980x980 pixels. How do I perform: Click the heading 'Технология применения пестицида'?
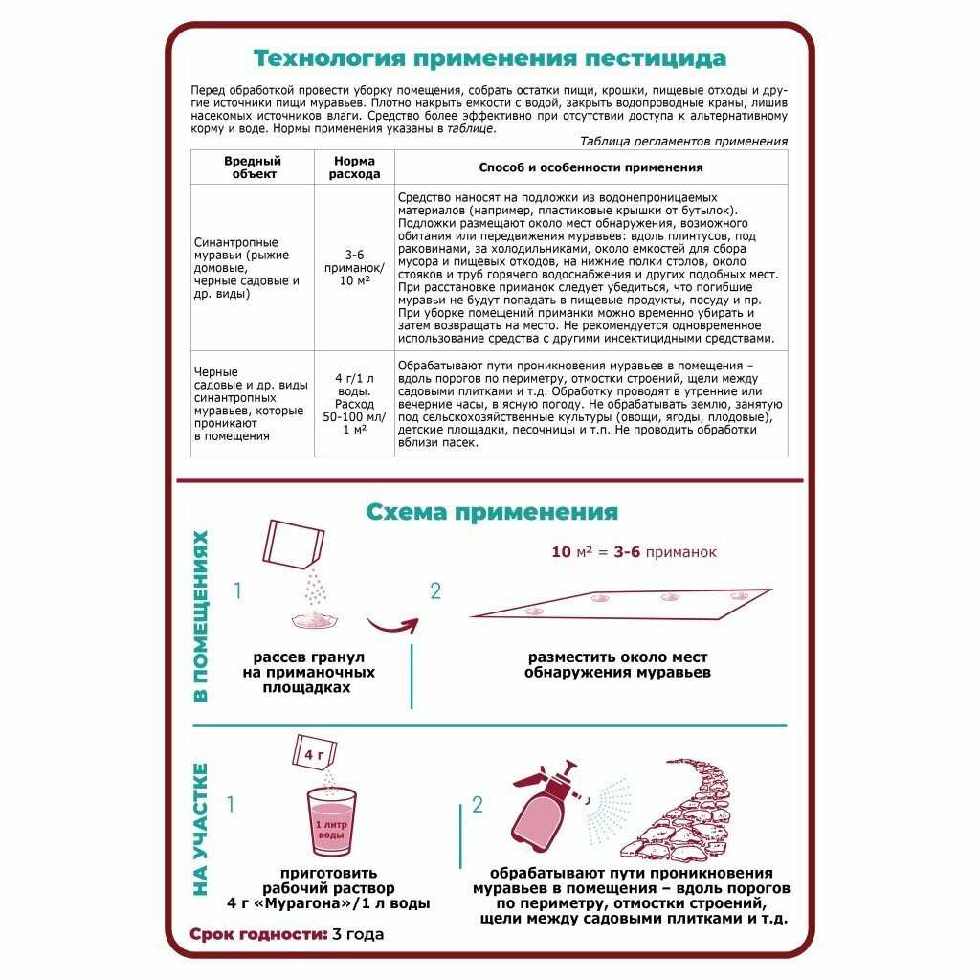click(x=489, y=58)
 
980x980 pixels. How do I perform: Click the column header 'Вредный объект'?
click(x=253, y=167)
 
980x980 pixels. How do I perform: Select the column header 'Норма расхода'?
click(x=354, y=167)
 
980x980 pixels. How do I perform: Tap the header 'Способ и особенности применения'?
click(x=590, y=167)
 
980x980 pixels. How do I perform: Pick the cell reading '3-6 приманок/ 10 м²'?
click(x=354, y=267)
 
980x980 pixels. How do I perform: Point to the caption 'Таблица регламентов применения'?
click(x=683, y=141)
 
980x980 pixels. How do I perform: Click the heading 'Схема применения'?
click(x=492, y=512)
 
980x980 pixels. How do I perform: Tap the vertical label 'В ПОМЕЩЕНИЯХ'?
click(x=201, y=616)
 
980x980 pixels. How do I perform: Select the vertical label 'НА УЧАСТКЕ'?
click(x=201, y=829)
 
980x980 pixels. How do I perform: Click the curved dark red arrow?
click(x=392, y=627)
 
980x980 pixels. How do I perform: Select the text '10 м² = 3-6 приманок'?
click(x=634, y=552)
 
